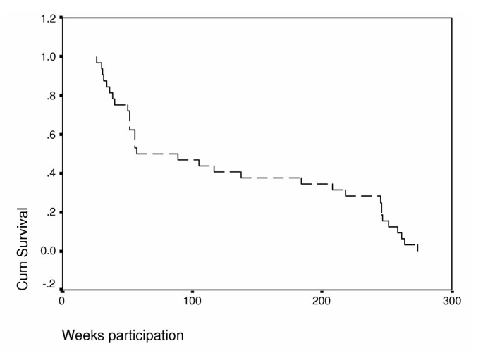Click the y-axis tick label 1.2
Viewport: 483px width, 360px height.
(47, 18)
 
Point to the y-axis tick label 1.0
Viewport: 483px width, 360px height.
(47, 56)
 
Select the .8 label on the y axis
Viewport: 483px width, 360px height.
(49, 96)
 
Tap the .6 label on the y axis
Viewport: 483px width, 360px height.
(49, 135)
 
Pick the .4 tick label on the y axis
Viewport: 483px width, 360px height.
(49, 173)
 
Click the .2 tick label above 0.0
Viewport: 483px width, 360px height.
(49, 212)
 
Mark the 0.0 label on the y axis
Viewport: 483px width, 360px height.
(47, 252)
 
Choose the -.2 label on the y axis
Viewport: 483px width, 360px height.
(47, 283)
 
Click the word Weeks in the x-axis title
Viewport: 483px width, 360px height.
(82, 335)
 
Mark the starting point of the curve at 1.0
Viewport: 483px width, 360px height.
(96, 57)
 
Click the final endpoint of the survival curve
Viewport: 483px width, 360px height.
(418, 249)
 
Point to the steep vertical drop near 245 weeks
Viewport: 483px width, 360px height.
(381, 209)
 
